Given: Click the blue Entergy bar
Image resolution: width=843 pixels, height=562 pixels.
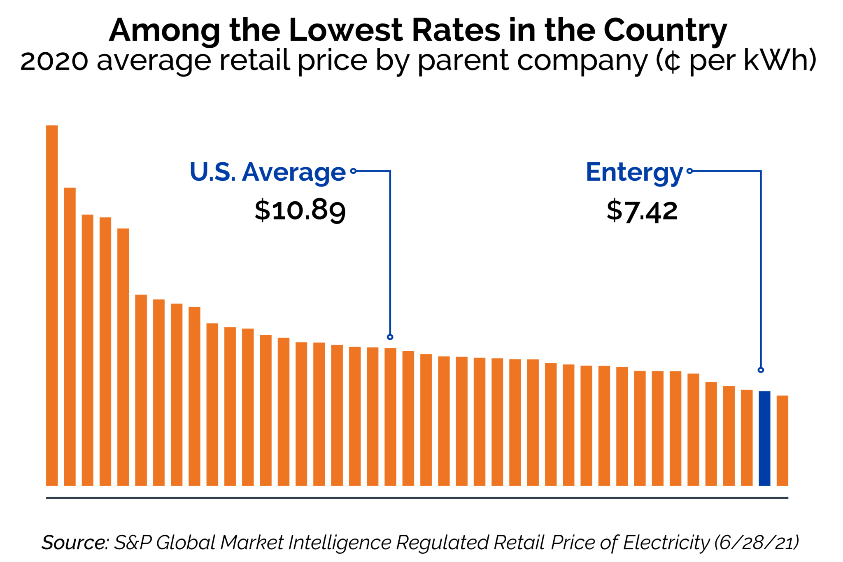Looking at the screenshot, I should (764, 438).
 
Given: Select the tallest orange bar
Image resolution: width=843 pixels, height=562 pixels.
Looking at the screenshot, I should (52, 305).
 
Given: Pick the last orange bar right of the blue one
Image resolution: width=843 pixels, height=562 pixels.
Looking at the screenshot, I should (782, 440).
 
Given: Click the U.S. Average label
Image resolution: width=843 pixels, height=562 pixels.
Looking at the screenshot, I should (267, 172).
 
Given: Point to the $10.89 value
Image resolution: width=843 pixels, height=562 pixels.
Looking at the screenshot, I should (300, 210).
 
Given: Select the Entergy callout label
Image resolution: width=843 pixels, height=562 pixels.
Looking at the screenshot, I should (634, 172).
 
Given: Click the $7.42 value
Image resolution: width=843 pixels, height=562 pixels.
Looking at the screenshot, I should (642, 211).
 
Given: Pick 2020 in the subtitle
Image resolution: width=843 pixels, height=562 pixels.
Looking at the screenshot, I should (54, 61).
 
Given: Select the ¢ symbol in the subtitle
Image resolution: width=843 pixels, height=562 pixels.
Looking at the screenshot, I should (672, 62).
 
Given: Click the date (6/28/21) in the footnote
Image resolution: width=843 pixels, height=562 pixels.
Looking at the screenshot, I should (756, 542).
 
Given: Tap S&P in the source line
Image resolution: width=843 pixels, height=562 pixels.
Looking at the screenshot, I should (133, 542).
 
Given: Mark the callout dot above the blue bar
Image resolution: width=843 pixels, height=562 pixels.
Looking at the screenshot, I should (761, 370).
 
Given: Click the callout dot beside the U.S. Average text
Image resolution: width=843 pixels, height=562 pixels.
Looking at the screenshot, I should (353, 171).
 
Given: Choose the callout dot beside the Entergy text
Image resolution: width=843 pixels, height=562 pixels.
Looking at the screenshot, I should (689, 171).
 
